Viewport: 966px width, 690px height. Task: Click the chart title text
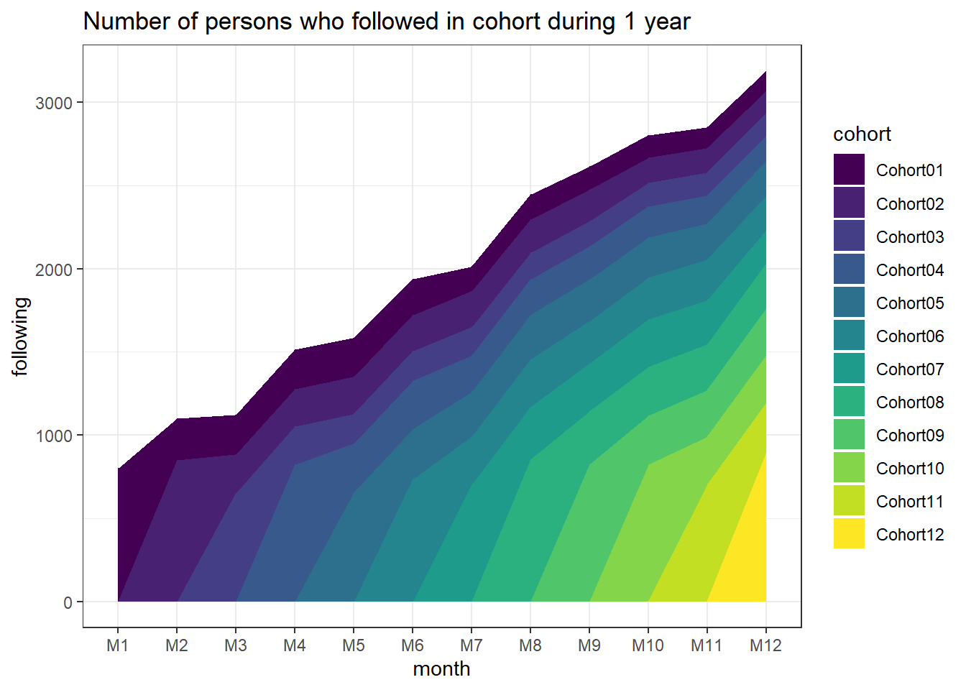(387, 22)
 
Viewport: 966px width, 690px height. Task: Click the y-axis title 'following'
(20, 336)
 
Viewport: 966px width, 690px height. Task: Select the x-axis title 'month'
(441, 668)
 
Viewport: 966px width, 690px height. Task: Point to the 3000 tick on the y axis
(55, 103)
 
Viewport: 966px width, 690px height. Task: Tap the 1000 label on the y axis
(55, 436)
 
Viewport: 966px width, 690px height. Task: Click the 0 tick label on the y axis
(68, 602)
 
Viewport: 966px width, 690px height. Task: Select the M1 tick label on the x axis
(118, 645)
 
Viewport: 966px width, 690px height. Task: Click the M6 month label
(413, 645)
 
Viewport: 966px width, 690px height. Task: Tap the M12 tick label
(765, 645)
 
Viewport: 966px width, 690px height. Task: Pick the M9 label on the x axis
(589, 645)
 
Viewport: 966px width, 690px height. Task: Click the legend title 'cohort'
(862, 134)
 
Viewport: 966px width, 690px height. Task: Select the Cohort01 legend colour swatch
(849, 170)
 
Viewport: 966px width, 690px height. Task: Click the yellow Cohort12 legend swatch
(849, 534)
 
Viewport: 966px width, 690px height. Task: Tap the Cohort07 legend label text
(909, 369)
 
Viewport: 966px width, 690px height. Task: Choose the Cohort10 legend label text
(909, 469)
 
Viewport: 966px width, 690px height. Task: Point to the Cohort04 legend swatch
(849, 270)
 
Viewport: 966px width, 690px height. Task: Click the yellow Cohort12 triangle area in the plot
(747, 561)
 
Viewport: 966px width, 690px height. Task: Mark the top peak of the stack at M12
(765, 72)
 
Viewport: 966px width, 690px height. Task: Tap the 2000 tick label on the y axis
(55, 270)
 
